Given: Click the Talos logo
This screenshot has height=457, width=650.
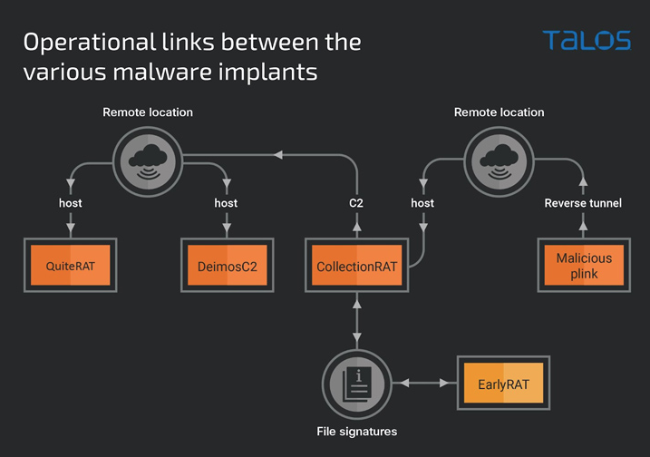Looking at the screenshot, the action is (x=587, y=40).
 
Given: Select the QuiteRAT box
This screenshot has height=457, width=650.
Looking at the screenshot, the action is (x=71, y=266).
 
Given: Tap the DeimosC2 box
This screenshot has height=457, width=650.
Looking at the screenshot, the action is (x=228, y=266).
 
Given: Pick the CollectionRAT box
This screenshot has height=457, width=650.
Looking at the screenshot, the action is (x=357, y=266).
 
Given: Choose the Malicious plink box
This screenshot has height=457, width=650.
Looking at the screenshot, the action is (x=584, y=266).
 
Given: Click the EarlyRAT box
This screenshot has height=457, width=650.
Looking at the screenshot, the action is (x=504, y=384).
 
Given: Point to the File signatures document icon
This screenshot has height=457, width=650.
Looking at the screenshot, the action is (x=357, y=384).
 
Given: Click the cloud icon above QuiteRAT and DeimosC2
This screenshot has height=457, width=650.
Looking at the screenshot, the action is (x=148, y=161).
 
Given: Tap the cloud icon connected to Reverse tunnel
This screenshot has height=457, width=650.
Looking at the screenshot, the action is (x=500, y=161).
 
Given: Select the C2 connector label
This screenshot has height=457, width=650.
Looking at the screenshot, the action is (x=356, y=203).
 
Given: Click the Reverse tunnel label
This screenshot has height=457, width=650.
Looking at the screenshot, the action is (x=583, y=203).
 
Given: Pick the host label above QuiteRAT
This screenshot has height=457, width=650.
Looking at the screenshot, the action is (x=71, y=203).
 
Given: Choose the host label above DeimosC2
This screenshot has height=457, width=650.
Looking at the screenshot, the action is (x=226, y=203).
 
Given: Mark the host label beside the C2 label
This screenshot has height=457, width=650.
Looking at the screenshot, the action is (x=422, y=203).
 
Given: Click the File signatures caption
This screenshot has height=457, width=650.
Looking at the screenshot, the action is (x=357, y=432).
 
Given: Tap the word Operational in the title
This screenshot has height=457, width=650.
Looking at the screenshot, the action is (x=90, y=43).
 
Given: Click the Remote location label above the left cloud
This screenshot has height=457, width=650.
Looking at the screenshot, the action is (x=148, y=112).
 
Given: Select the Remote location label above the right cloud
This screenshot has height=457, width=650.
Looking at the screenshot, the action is (x=500, y=112).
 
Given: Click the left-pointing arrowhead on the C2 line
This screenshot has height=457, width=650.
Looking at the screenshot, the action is (x=278, y=155).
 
